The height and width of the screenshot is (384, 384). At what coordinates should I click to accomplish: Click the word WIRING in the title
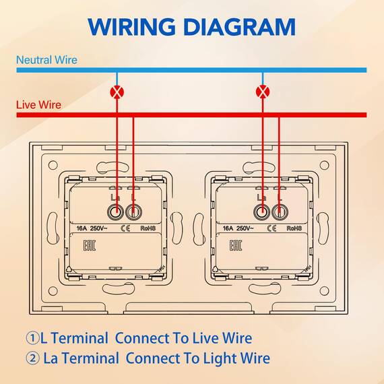[132, 27]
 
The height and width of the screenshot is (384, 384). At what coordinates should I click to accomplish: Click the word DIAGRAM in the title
[240, 27]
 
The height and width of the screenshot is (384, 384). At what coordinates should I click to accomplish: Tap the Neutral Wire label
[46, 60]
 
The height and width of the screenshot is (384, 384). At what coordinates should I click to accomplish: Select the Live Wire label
[38, 105]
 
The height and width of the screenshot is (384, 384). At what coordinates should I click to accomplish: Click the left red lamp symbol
[117, 92]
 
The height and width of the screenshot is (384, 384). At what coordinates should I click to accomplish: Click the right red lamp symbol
[263, 92]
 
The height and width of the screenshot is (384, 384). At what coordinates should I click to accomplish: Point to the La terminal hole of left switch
[115, 212]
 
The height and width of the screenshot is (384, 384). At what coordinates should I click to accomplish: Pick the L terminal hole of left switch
[133, 212]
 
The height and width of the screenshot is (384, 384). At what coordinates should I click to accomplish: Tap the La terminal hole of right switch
[261, 212]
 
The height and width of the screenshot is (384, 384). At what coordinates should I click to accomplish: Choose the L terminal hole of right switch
[280, 212]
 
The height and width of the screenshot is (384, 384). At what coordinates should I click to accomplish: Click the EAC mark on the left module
[90, 245]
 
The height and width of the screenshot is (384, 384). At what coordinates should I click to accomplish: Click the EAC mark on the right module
[236, 245]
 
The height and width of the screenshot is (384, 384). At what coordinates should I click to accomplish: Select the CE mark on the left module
[125, 228]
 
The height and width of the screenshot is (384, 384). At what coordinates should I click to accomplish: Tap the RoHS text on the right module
[294, 228]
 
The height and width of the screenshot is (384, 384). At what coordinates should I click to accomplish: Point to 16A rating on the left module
[82, 228]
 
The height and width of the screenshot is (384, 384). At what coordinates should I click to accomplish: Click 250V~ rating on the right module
[245, 228]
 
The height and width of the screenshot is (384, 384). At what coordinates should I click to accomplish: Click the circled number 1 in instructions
[32, 338]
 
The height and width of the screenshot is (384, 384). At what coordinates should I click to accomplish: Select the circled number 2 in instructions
[32, 358]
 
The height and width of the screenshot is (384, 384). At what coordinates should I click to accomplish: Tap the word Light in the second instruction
[219, 358]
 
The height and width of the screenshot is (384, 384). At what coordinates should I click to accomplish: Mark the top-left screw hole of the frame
[53, 165]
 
